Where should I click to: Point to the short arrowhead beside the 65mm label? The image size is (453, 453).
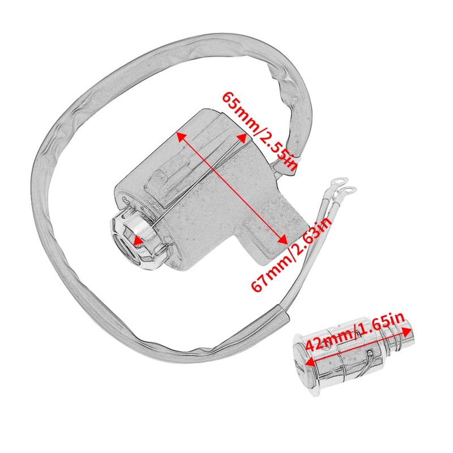[242, 137]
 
